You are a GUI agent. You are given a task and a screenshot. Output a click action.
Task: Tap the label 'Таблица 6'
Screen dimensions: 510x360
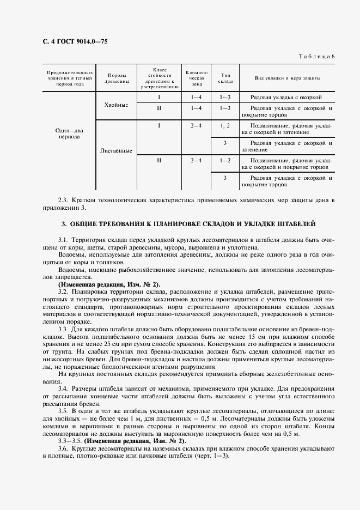click(x=317, y=57)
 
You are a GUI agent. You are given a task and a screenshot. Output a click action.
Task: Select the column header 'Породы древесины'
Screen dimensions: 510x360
click(x=118, y=78)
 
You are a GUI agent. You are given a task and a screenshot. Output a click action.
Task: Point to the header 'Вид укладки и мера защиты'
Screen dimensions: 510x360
click(x=288, y=78)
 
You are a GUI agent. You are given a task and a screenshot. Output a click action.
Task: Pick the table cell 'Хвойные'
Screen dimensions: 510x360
click(x=116, y=105)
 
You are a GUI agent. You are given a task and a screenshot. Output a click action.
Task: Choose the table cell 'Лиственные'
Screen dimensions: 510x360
click(x=116, y=150)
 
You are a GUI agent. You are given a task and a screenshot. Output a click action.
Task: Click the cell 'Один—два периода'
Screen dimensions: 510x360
click(x=69, y=133)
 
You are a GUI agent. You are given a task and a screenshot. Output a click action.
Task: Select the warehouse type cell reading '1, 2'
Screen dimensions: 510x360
click(x=225, y=126)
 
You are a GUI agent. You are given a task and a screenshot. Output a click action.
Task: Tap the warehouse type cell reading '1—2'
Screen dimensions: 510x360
click(x=225, y=161)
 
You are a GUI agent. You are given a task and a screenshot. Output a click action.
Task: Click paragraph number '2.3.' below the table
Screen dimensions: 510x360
click(x=64, y=201)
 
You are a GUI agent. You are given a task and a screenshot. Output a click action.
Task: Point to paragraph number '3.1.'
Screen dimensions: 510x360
click(x=64, y=240)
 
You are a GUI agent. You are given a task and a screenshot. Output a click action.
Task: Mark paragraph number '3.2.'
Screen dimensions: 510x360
click(x=64, y=290)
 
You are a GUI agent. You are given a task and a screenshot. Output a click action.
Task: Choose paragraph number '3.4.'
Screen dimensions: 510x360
click(x=64, y=389)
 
